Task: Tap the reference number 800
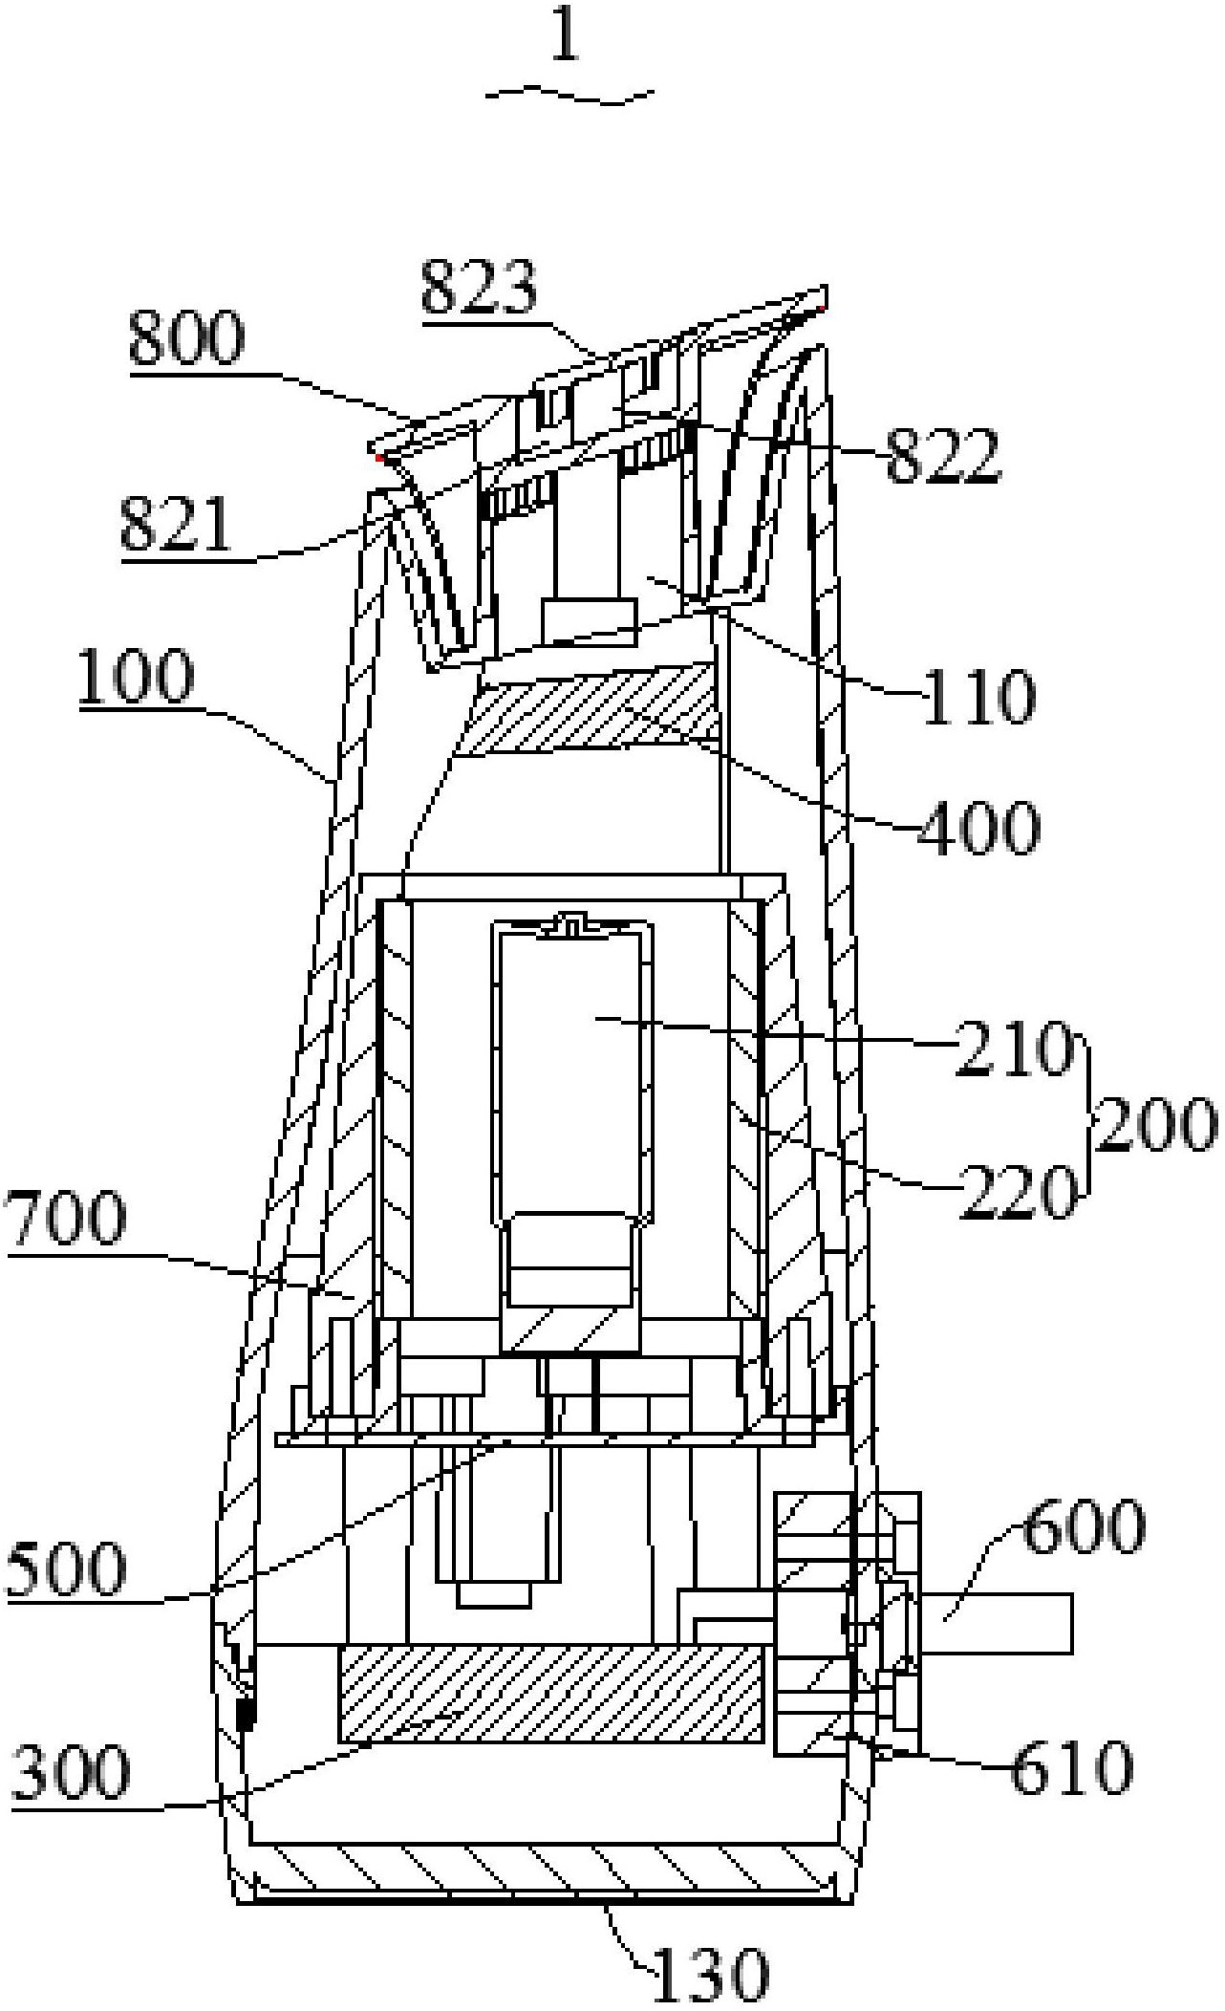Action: pyautogui.click(x=187, y=337)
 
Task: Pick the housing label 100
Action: pyautogui.click(x=136, y=678)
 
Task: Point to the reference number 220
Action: pyautogui.click(x=1018, y=1192)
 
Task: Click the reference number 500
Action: pyautogui.click(x=65, y=1569)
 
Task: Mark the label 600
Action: pyautogui.click(x=1083, y=1526)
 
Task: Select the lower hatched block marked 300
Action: pyautogui.click(x=550, y=1693)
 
